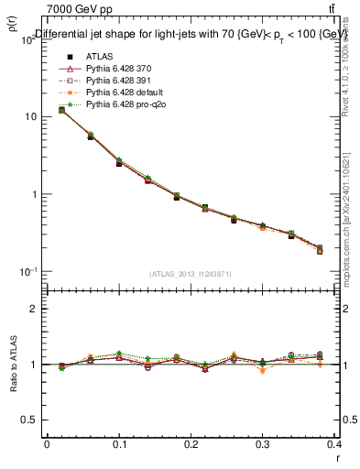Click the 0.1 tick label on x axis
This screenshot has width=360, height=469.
(118, 448)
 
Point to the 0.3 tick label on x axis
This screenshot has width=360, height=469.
(262, 448)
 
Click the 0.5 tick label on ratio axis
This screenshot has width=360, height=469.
(32, 420)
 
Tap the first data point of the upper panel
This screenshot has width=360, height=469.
(61, 110)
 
